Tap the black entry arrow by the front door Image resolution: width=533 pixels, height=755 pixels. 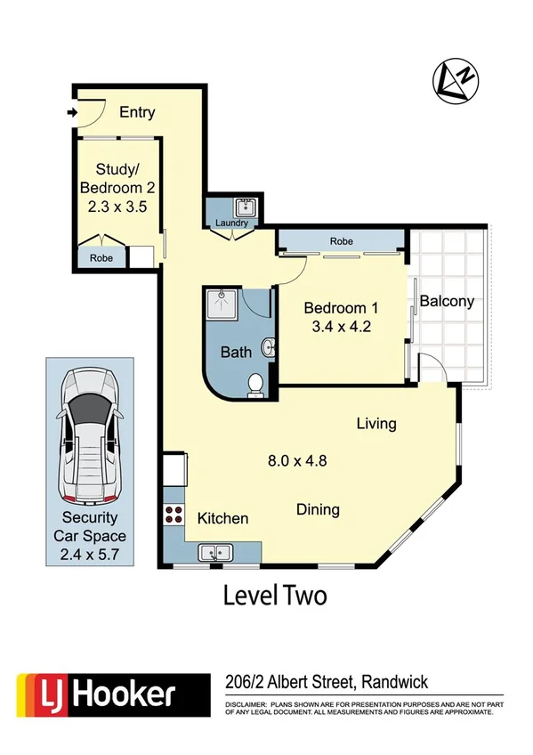click(x=70, y=112)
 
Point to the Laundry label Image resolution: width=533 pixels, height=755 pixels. click(x=230, y=223)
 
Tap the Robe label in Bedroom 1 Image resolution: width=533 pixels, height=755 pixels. click(x=342, y=240)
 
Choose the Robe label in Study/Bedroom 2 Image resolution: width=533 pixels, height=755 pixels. click(x=101, y=258)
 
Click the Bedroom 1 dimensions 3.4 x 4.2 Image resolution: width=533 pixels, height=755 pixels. click(x=341, y=326)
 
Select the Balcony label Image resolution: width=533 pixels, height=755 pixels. click(x=447, y=301)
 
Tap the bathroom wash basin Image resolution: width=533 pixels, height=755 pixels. click(x=266, y=346)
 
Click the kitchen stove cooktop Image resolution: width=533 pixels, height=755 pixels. click(x=174, y=515)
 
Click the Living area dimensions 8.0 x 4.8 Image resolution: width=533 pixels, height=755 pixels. click(x=298, y=461)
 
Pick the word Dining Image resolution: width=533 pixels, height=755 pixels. click(x=318, y=510)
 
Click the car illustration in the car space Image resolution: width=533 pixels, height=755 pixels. click(x=89, y=434)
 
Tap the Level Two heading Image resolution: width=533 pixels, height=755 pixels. click(x=274, y=595)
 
